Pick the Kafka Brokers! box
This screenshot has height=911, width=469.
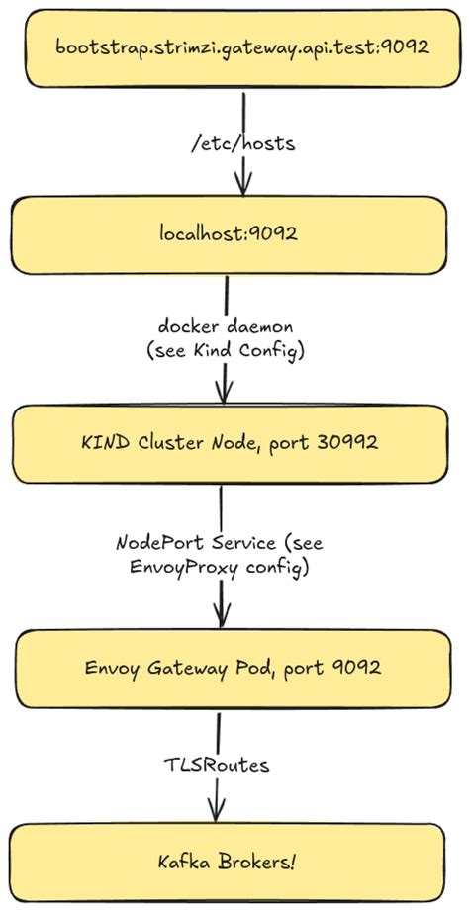tap(228, 862)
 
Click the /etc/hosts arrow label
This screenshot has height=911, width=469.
tap(242, 143)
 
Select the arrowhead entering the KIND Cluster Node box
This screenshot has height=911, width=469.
tap(224, 393)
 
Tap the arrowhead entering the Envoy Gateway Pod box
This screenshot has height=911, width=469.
tap(221, 618)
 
